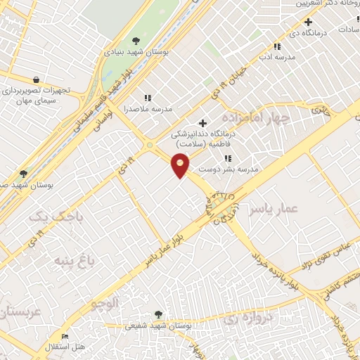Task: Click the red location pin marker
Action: tap(181, 165)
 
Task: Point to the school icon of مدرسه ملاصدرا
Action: tap(148, 98)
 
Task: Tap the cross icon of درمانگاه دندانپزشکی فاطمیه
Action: tap(203, 123)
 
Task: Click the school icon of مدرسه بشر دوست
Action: tap(227, 158)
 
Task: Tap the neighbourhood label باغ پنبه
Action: tap(72, 264)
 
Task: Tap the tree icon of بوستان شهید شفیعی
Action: tap(158, 315)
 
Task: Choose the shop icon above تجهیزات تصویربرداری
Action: tap(35, 79)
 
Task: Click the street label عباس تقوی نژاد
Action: tap(329, 256)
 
